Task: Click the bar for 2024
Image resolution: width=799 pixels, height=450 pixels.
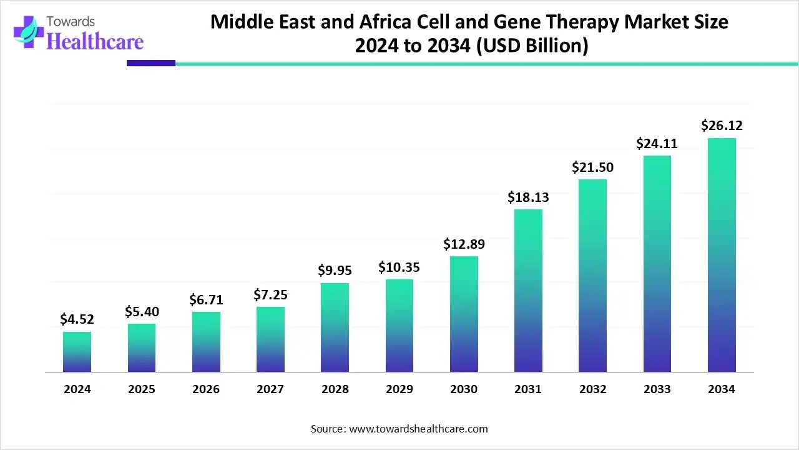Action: [x=77, y=352]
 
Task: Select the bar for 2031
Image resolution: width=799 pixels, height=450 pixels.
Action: [x=528, y=291]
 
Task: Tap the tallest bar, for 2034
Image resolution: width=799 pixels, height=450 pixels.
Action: [x=722, y=255]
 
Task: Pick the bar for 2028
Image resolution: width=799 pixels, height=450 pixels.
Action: [x=335, y=327]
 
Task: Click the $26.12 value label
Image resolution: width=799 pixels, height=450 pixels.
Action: [x=722, y=126]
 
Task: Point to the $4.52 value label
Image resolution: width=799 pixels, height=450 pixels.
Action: [x=77, y=319]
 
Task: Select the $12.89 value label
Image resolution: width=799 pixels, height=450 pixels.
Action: [x=464, y=244]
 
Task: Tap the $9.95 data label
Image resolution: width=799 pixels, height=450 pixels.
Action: [x=335, y=271]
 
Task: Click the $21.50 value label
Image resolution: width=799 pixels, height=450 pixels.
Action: [x=592, y=167]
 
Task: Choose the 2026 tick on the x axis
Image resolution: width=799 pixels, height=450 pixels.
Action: [x=206, y=389]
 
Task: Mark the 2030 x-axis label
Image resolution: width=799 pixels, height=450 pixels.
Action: [x=464, y=389]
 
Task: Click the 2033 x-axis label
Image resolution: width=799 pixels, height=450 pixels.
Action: [x=657, y=389]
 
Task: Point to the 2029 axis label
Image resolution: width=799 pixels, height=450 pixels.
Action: [x=399, y=389]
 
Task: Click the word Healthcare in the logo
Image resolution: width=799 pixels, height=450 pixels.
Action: [x=95, y=41]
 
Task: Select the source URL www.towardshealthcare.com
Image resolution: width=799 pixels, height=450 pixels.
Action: [x=417, y=429]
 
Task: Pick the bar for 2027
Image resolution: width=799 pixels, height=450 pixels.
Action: [x=270, y=339]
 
